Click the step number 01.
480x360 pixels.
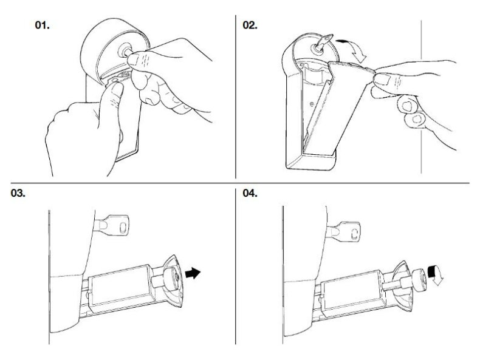pos(43,25)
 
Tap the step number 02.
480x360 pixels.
pos(250,25)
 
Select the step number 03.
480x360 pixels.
pos(18,193)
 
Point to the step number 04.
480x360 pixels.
pos(250,193)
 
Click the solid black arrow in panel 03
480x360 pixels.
pos(193,273)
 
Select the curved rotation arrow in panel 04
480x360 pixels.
pos(435,274)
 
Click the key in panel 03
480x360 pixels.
pos(111,225)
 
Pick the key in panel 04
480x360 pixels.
pos(343,231)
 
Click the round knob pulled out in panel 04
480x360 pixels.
pos(419,279)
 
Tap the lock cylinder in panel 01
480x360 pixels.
pos(126,49)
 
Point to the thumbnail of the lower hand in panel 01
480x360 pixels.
pos(117,89)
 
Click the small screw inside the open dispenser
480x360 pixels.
pos(312,104)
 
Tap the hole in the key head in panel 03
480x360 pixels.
pos(123,227)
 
